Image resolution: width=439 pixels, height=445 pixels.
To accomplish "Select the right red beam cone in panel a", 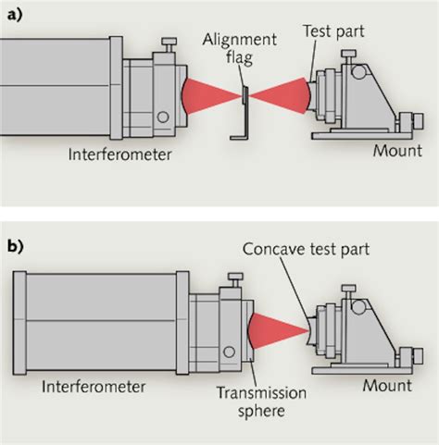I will pos(282,93).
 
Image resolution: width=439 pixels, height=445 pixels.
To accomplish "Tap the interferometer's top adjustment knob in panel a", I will pos(168,43).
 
